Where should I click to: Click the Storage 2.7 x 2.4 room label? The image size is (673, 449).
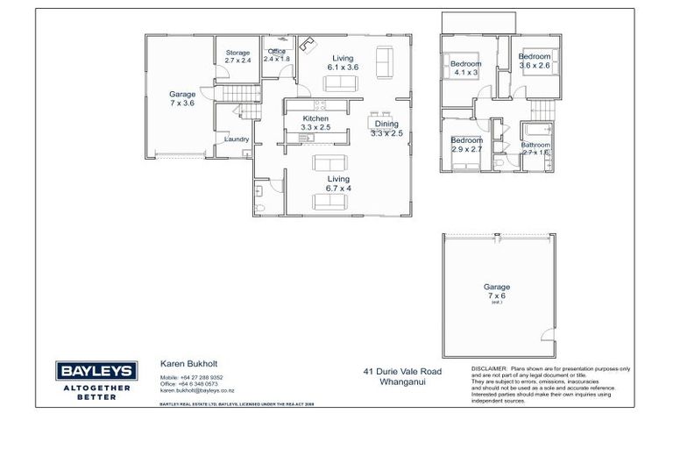click(237, 57)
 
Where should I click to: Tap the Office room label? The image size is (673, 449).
click(277, 55)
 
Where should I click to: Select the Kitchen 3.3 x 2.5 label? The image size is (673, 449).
click(315, 123)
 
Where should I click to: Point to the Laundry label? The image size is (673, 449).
click(237, 139)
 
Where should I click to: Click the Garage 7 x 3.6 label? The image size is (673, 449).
click(181, 98)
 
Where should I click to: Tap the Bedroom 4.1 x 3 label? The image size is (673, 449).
click(465, 68)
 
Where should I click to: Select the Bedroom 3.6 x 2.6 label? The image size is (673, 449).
click(535, 61)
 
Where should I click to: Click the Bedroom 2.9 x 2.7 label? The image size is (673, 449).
click(466, 145)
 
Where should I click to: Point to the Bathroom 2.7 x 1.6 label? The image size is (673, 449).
click(535, 149)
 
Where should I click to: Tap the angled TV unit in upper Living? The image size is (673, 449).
click(306, 46)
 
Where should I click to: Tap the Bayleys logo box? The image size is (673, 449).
click(94, 370)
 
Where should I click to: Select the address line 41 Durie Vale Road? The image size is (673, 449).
click(403, 372)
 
